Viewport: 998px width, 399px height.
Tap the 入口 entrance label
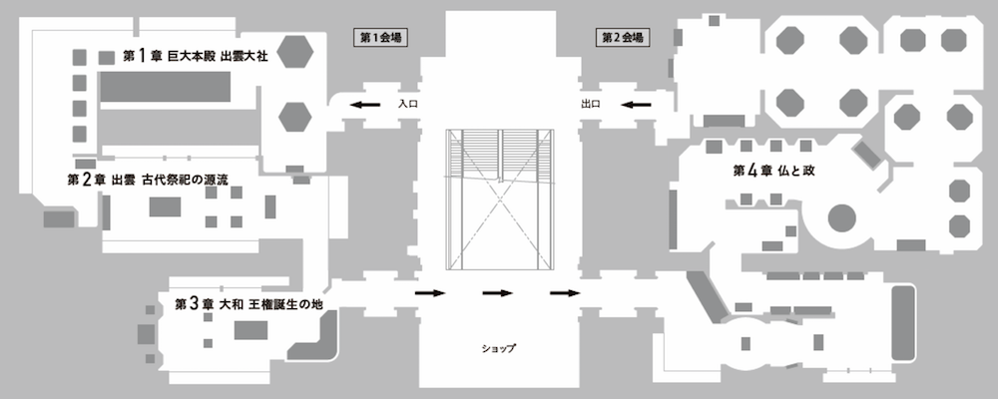click(x=406, y=103)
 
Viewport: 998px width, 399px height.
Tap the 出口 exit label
click(x=590, y=103)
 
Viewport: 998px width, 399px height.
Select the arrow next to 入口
click(x=364, y=104)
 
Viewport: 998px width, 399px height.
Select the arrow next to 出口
click(x=636, y=104)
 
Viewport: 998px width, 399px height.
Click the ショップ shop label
click(x=497, y=348)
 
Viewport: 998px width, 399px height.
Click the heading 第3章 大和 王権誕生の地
click(x=249, y=302)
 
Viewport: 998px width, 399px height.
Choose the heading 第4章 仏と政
click(x=774, y=171)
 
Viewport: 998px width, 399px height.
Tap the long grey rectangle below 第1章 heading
click(x=166, y=90)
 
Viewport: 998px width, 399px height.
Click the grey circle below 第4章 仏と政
click(x=841, y=216)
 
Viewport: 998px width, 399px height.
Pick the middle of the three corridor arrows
click(x=497, y=293)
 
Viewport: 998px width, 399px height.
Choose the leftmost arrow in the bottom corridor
click(x=429, y=293)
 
